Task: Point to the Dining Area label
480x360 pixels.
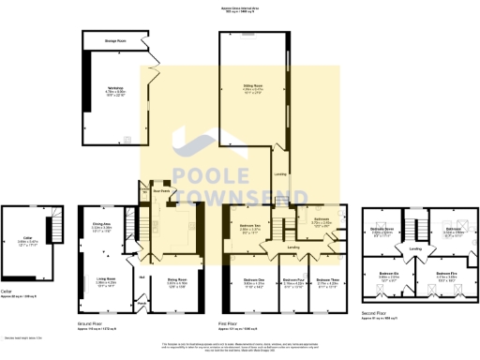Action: [101, 223]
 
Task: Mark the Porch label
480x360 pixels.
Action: [142, 302]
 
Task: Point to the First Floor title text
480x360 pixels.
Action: [231, 324]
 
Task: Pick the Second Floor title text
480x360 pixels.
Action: [375, 316]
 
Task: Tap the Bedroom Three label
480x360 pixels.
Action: [326, 279]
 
